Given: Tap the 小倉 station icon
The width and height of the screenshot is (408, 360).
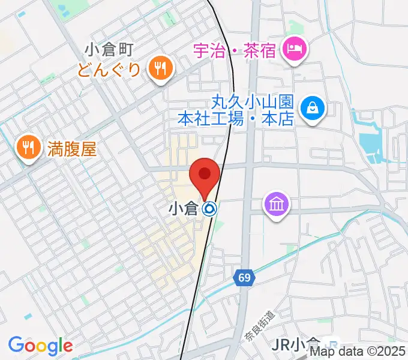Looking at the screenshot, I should pos(209,209).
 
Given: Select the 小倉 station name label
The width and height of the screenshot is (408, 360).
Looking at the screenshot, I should pos(183,209).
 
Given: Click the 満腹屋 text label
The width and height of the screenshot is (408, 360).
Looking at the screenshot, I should pos(72,148).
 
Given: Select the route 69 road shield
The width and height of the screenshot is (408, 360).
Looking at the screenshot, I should pos(243,277).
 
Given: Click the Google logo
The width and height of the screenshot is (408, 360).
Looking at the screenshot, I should pos(40,345).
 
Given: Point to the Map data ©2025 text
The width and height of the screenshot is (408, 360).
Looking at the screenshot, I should pos(366,351).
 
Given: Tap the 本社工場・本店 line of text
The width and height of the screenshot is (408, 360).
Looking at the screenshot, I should pos(235,119).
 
